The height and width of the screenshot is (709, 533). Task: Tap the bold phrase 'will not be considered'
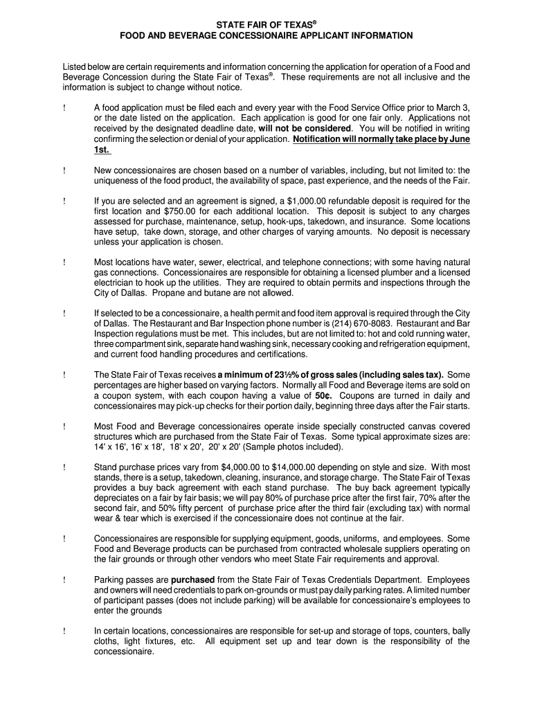click(x=305, y=128)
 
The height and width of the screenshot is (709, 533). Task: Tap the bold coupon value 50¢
click(x=324, y=395)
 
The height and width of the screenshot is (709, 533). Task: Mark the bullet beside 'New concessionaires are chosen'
click(x=64, y=170)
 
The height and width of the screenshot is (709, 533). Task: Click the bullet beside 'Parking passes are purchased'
click(x=64, y=580)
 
